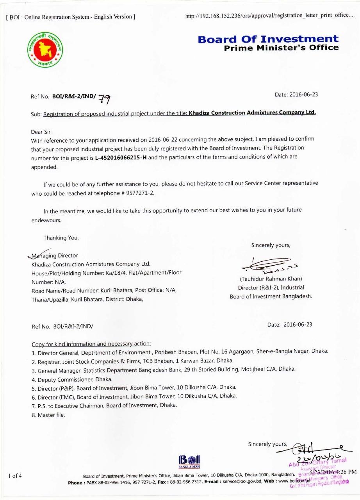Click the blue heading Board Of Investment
point(268,39)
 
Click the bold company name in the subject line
point(252,113)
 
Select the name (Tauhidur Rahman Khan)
point(271,279)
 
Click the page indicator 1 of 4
point(15,475)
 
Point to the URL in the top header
point(270,16)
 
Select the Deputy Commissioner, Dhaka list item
point(72,379)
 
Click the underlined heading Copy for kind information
point(91,344)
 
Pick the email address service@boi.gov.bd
point(240,482)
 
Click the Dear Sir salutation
point(41,132)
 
